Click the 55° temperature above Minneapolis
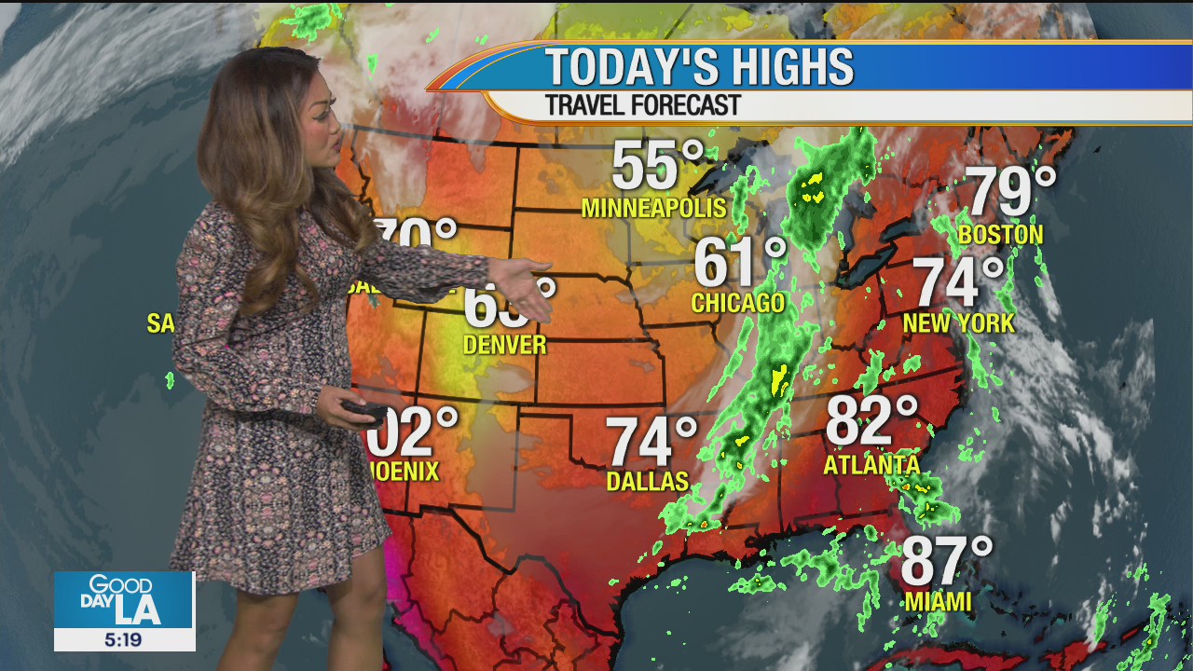658,166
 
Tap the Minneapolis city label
653,208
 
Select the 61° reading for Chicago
740,263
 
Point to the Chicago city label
738,303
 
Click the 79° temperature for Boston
1011,192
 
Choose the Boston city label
1000,234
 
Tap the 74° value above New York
958,282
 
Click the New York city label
959,323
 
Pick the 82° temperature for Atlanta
871,421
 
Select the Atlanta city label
871,463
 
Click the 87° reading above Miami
946,561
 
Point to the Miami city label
938,602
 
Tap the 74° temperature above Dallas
651,441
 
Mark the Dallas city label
647,481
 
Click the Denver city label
505,345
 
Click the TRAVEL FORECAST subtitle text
643,105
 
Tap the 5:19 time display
124,639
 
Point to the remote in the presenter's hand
363,410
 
